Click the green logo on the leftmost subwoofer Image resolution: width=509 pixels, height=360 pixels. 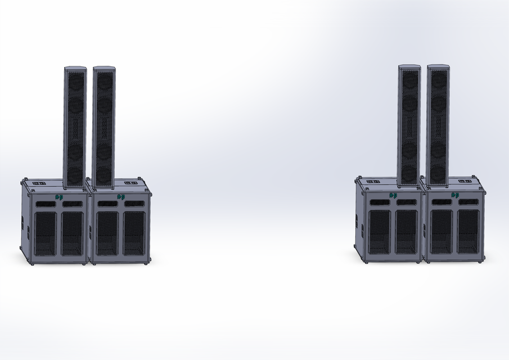(59, 197)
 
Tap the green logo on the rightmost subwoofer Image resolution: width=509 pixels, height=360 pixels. (455, 195)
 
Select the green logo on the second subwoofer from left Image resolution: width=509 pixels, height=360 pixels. (121, 197)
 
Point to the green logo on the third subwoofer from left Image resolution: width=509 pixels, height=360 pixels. (393, 195)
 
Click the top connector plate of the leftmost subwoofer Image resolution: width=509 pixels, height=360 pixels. (38, 183)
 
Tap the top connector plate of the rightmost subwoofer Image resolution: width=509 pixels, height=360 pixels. (464, 181)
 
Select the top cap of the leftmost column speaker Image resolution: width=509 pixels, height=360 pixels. (75, 69)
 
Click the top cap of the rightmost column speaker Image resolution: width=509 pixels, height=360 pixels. (438, 67)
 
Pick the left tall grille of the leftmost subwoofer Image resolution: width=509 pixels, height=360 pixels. (46, 232)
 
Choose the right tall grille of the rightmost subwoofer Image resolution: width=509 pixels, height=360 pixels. (468, 231)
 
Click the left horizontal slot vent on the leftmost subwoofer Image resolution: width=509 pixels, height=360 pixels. (46, 204)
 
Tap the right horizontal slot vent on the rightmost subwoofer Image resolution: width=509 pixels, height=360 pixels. (469, 201)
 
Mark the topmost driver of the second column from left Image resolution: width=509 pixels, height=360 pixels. (105, 82)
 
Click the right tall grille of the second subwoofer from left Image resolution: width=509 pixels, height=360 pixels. (134, 232)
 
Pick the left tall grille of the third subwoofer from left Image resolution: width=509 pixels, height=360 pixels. (380, 231)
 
